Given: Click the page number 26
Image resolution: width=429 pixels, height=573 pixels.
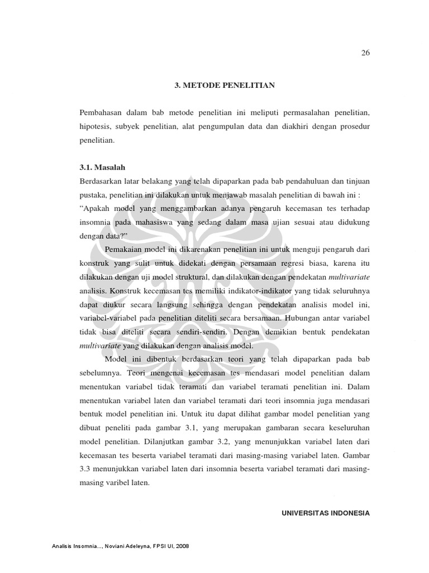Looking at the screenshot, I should point(366,53).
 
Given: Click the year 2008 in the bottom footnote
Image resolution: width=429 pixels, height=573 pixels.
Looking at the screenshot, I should point(182,546).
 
